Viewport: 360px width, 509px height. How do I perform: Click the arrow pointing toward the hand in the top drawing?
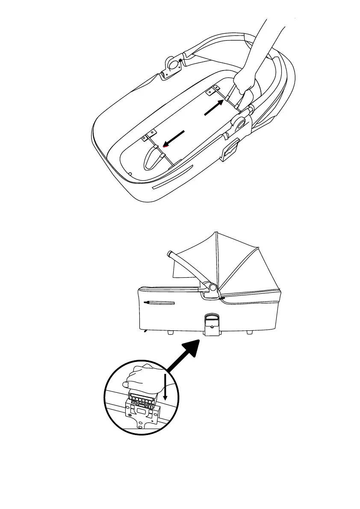tap(214, 107)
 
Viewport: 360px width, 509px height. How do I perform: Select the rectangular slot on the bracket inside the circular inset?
tap(142, 411)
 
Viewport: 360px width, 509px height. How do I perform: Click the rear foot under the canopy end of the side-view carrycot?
tap(250, 332)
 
